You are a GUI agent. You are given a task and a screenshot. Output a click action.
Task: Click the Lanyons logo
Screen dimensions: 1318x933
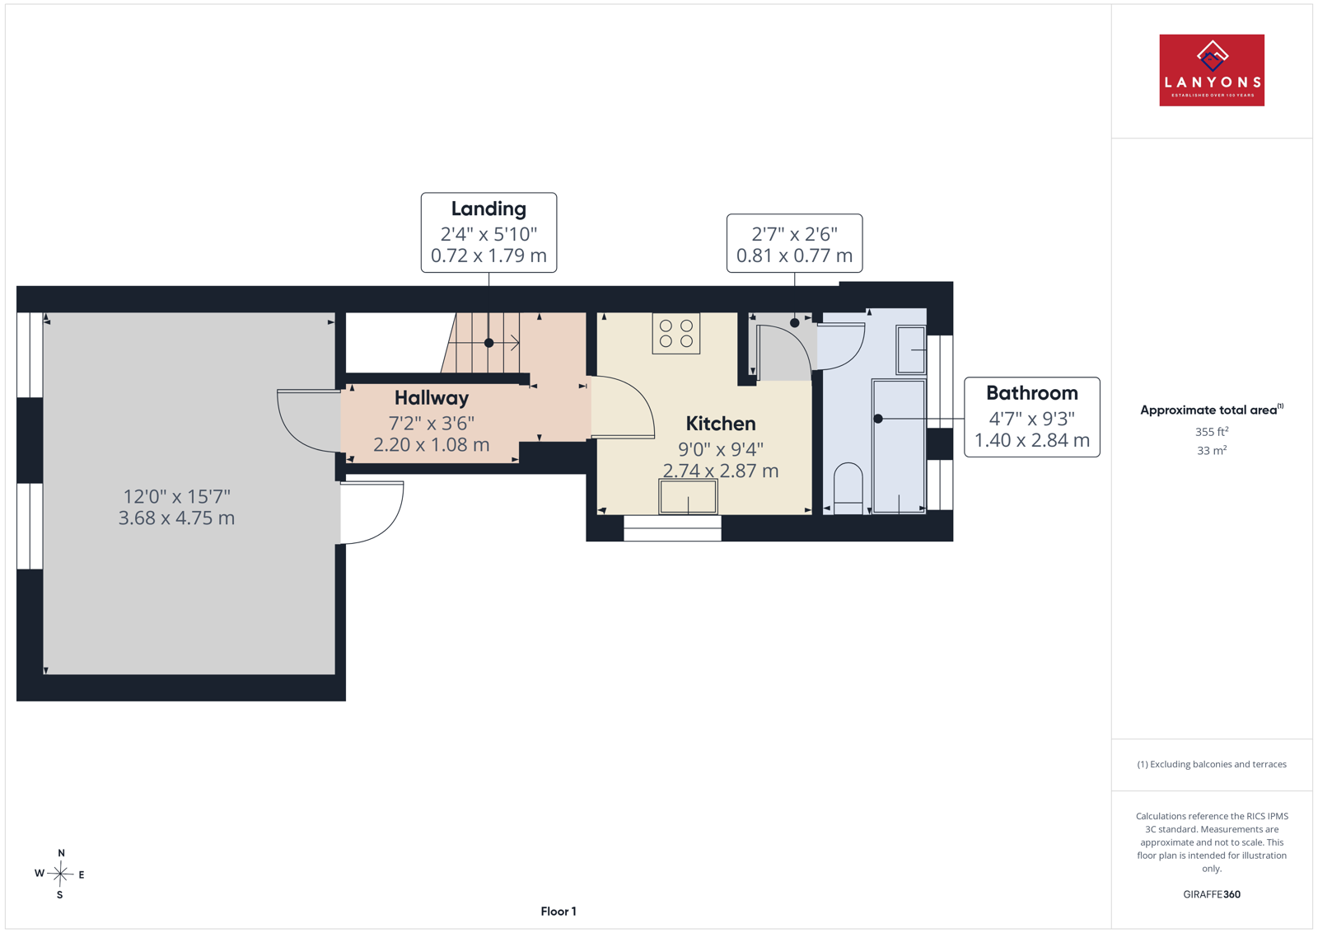point(1212,70)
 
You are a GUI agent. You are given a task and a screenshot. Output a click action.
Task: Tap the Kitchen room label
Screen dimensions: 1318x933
point(720,424)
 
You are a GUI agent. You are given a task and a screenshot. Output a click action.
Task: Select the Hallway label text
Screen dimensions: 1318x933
point(432,398)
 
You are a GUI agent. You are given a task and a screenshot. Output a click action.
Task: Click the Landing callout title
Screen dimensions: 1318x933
point(488,209)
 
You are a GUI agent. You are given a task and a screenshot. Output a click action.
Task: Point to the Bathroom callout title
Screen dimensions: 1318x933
point(1032,392)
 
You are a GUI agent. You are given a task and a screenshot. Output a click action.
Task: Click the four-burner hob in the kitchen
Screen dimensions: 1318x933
point(676,333)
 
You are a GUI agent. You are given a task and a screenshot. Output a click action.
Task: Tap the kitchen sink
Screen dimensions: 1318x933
point(688,497)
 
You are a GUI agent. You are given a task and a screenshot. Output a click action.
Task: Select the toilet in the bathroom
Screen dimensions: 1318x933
point(848,489)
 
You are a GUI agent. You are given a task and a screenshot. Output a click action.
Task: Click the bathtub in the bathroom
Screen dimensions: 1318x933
point(899,446)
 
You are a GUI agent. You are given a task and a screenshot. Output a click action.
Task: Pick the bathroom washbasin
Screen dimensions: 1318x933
point(911,349)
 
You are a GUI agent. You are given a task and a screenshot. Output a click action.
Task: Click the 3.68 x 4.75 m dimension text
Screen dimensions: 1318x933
point(176,518)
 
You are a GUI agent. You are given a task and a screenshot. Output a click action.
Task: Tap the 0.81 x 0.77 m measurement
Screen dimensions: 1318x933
point(794,256)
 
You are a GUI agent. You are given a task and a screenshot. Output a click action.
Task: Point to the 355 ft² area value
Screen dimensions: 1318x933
point(1212,432)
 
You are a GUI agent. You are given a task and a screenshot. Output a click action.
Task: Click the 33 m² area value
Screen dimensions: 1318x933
point(1212,450)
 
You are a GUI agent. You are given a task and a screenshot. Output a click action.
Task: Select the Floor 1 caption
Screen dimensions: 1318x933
point(559,912)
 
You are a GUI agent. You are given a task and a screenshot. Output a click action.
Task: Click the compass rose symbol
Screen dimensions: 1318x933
point(60,874)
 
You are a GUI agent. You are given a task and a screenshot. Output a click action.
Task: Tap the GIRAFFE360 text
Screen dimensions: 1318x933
point(1212,894)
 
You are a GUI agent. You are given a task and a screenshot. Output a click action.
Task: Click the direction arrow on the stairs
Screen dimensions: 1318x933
point(504,343)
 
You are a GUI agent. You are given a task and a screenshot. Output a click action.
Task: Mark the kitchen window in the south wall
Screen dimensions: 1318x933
point(672,528)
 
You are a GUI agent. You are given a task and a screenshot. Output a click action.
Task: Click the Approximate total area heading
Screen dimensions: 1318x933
point(1212,410)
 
